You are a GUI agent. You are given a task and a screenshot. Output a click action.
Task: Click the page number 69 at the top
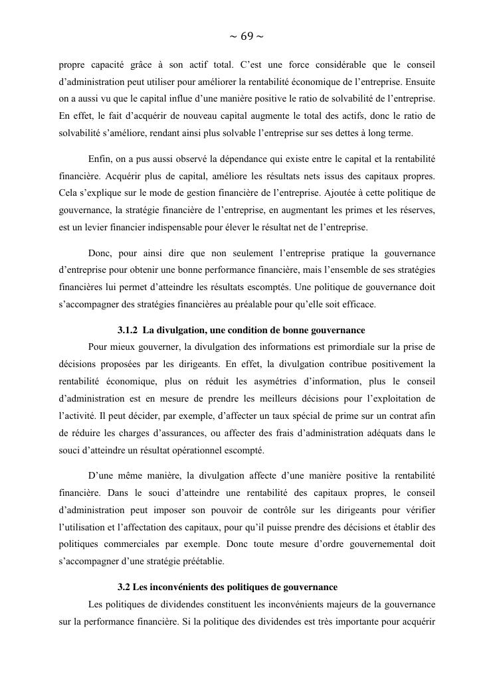coord(247,36)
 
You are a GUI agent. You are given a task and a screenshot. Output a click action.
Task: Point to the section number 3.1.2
coord(129,330)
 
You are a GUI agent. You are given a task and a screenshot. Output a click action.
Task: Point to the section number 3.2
coord(124,587)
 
